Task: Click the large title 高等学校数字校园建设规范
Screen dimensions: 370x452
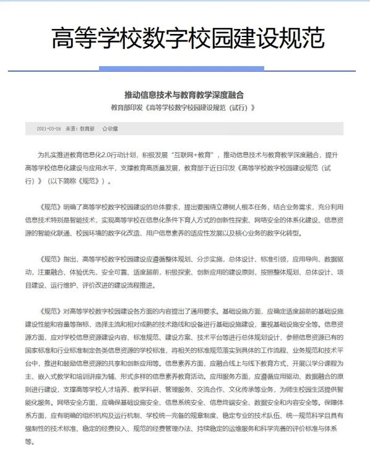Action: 188,38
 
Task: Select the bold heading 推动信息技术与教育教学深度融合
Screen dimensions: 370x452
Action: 184,95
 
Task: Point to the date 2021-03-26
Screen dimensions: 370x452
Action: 49,129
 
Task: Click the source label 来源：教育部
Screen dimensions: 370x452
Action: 80,129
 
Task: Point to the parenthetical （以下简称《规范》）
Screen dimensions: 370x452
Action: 80,182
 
